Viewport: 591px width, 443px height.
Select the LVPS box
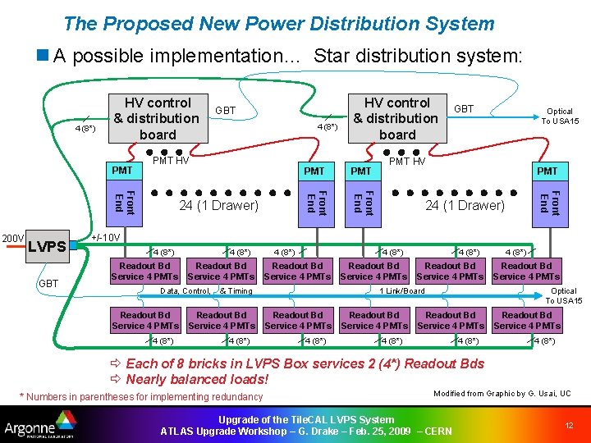47,246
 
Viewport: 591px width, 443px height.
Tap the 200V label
11,238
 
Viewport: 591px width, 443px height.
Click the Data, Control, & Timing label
206,290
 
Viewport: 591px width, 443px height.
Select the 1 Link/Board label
402,290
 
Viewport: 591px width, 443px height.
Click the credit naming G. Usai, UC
502,394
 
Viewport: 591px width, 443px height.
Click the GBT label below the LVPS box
48,283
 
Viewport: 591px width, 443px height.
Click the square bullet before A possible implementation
42,57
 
